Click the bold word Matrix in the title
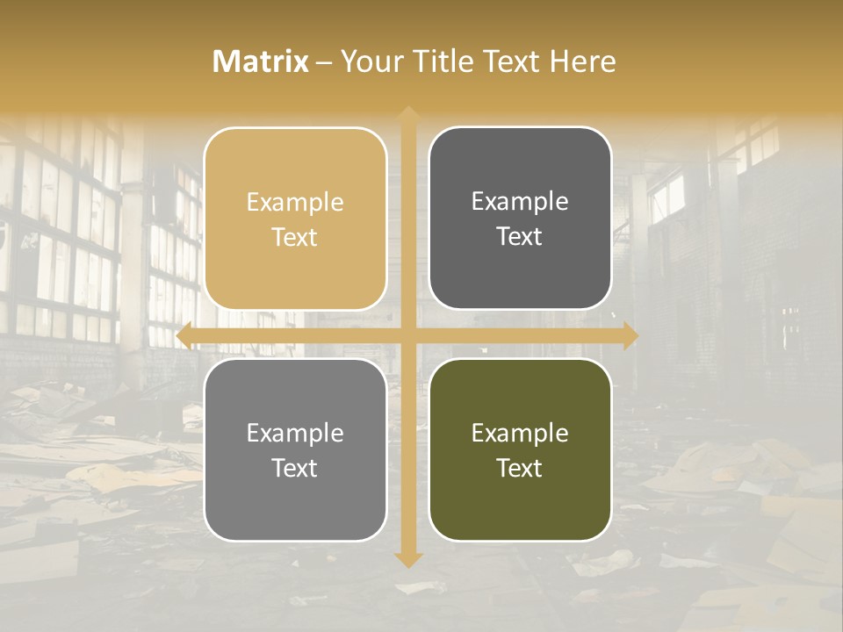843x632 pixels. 261,61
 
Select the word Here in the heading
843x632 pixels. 582,61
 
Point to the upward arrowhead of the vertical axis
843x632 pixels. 408,114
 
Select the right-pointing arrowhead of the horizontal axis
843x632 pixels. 630,335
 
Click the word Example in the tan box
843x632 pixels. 295,203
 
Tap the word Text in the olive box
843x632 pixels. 520,468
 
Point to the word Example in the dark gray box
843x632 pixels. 520,202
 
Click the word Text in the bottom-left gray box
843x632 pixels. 295,468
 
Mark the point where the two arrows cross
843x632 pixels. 408,335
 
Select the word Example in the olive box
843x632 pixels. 520,433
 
